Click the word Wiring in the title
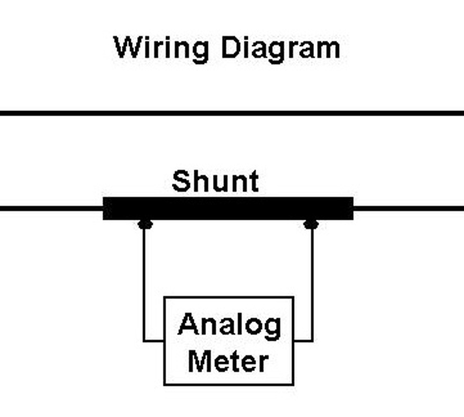coord(161,48)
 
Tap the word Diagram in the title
coord(280,48)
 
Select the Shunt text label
coord(215,181)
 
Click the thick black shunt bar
coord(228,208)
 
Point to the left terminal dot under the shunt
coord(145,225)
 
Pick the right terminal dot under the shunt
coord(311,225)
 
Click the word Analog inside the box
coord(229,325)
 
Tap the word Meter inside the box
coord(228,361)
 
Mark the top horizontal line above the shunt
coord(232,113)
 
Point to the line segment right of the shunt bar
coord(409,208)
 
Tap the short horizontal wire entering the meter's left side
coord(154,341)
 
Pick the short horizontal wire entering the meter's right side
coord(303,341)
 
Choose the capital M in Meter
coord(198,361)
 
